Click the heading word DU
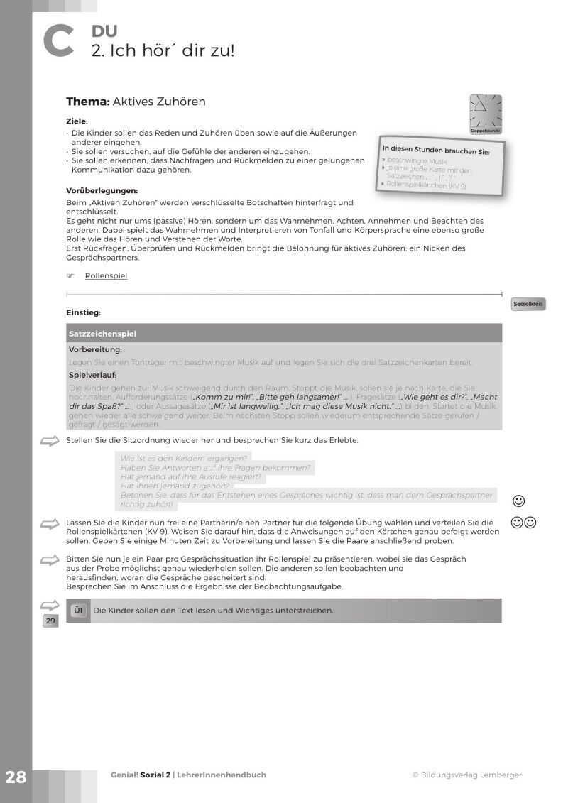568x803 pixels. [x=104, y=31]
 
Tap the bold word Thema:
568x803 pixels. [x=87, y=102]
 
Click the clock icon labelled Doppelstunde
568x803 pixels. [x=486, y=111]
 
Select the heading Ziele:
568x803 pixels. [x=77, y=121]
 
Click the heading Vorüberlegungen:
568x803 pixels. [x=102, y=190]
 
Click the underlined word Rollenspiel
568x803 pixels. [x=106, y=275]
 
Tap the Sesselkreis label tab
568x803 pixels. [x=528, y=305]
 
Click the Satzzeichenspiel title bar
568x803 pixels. [x=283, y=333]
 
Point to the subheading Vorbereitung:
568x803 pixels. [x=95, y=350]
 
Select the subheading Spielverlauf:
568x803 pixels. [x=92, y=374]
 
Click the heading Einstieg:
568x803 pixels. [x=83, y=312]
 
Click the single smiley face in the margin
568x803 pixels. [x=518, y=501]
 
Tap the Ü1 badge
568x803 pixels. [x=80, y=610]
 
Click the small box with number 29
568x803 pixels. [x=50, y=621]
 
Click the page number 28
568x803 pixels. [x=15, y=777]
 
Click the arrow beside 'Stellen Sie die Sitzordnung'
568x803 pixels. [x=50, y=442]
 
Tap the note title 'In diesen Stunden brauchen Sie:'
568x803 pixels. [x=436, y=151]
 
